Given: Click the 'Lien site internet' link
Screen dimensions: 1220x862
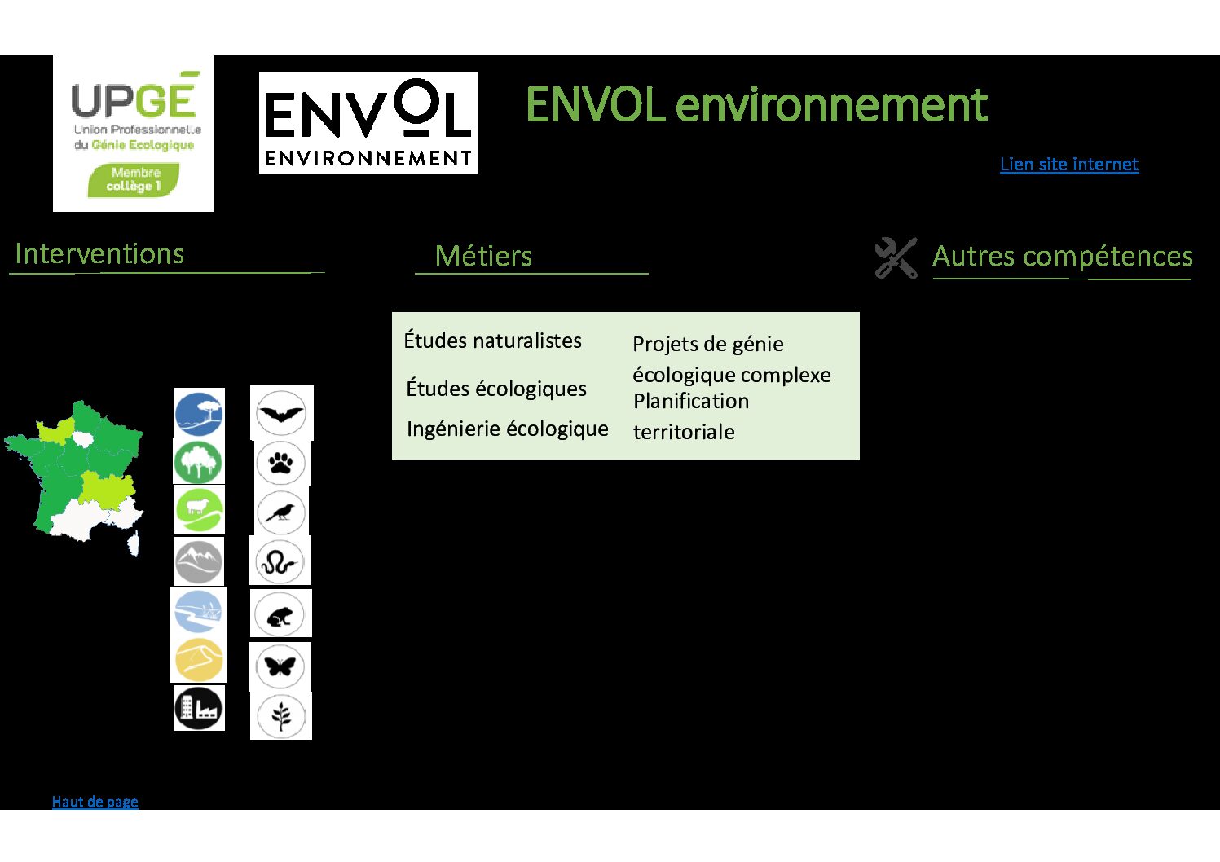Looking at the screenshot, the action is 1069,165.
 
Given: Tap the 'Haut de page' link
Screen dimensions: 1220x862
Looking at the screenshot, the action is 95,802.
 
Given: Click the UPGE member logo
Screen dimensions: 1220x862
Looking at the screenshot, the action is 134,133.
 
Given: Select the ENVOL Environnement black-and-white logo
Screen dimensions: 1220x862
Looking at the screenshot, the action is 368,122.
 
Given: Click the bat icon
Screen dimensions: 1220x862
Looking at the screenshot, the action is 281,413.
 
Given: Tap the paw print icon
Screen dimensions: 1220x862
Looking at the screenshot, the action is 281,463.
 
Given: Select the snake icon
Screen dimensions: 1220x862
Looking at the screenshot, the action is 280,562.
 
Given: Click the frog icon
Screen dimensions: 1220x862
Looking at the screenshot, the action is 280,614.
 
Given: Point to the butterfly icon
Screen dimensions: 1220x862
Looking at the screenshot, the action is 280,666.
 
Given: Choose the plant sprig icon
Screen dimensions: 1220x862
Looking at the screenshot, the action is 281,716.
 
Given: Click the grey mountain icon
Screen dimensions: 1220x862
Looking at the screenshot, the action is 199,562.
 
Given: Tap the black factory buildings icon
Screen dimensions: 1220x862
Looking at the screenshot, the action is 199,708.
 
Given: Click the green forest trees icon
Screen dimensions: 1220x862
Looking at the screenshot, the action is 198,462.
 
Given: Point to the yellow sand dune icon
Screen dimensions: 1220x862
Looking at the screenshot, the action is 198,660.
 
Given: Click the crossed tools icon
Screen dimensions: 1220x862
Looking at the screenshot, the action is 896,258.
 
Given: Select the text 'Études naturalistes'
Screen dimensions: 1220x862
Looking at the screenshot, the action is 492,341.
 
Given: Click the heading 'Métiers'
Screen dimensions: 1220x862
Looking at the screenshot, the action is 483,256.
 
